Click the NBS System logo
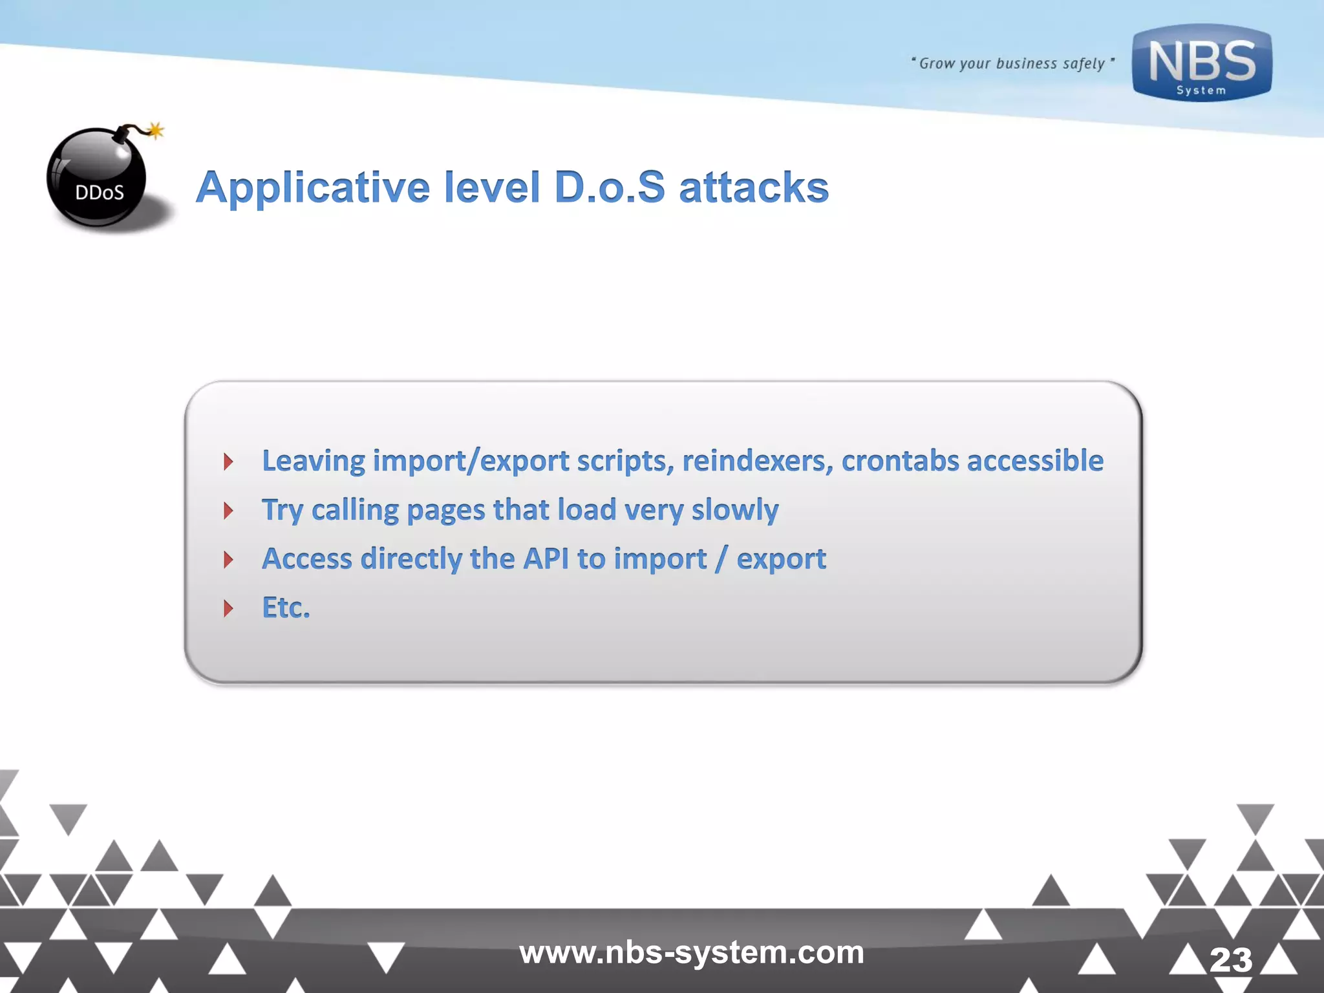pyautogui.click(x=1201, y=63)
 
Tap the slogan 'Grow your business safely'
pyautogui.click(x=1012, y=63)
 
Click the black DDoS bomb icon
pyautogui.click(x=98, y=178)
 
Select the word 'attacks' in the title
pyautogui.click(x=753, y=187)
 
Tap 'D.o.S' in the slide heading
pyautogui.click(x=610, y=187)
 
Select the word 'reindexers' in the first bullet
pyautogui.click(x=757, y=461)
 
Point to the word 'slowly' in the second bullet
pyautogui.click(x=735, y=510)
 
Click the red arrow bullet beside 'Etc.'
pyautogui.click(x=228, y=608)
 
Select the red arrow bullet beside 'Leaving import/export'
pyautogui.click(x=228, y=462)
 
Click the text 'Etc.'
pyautogui.click(x=286, y=608)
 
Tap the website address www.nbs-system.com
pyautogui.click(x=691, y=952)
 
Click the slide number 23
pyautogui.click(x=1230, y=960)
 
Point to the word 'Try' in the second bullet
pyautogui.click(x=282, y=511)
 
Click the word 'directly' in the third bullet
pyautogui.click(x=411, y=559)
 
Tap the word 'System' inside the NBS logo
pyautogui.click(x=1201, y=91)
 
